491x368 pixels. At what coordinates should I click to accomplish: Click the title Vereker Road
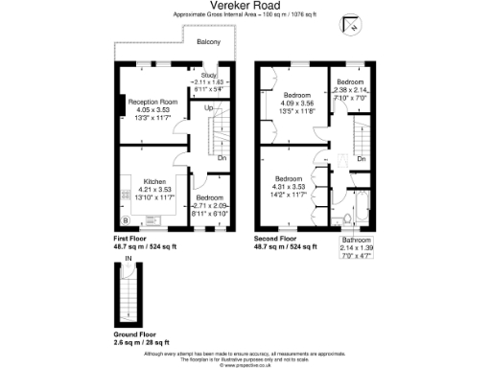(245, 6)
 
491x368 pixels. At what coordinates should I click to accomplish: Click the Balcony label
(209, 42)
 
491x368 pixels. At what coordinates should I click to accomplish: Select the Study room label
(209, 74)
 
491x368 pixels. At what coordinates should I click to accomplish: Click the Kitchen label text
(155, 181)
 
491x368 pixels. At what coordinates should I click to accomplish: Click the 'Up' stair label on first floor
(209, 107)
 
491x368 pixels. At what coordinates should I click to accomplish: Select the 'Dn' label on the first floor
(222, 157)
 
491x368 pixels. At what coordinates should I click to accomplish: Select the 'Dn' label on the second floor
(362, 157)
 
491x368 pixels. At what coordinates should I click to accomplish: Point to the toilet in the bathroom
(347, 222)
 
